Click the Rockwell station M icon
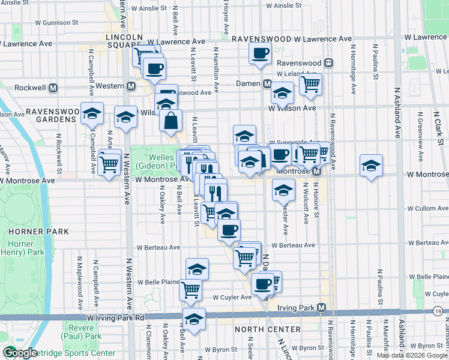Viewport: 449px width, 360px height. point(53,87)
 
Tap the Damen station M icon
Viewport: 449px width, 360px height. point(266,83)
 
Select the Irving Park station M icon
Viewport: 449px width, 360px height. point(322,308)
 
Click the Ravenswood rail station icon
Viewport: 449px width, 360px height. point(328,62)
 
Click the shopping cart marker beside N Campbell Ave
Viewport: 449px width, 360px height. point(109,163)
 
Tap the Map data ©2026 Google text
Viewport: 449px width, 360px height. point(412,355)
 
